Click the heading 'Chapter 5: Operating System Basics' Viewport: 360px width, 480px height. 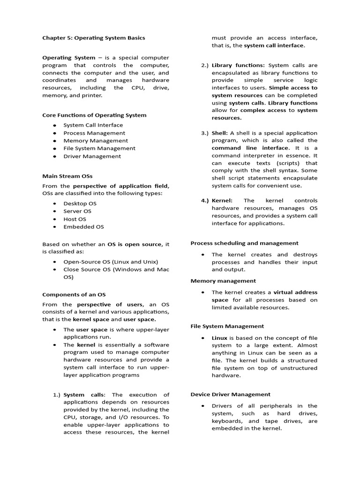pos(94,38)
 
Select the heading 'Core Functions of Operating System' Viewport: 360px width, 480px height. pos(94,115)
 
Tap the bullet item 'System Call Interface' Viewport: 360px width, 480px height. pos(93,125)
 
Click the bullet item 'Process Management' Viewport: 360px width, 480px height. pos(94,133)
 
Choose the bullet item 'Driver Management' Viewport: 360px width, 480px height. pos(92,156)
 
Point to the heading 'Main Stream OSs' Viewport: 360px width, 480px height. pos(67,176)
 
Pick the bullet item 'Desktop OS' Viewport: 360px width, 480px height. pos(80,203)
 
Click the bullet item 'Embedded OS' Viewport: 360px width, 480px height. pos(84,227)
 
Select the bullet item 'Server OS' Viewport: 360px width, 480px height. pos(77,211)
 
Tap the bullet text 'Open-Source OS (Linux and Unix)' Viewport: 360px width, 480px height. pos(111,262)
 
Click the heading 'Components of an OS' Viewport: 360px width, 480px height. pos(74,294)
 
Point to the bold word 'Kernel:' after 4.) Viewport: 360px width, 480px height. pos(222,201)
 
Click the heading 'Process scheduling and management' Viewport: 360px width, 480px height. pos(244,243)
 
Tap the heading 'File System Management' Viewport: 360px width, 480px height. pos(227,326)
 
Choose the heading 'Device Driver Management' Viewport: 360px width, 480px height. pos(231,394)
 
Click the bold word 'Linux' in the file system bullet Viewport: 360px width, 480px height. pos(219,337)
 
